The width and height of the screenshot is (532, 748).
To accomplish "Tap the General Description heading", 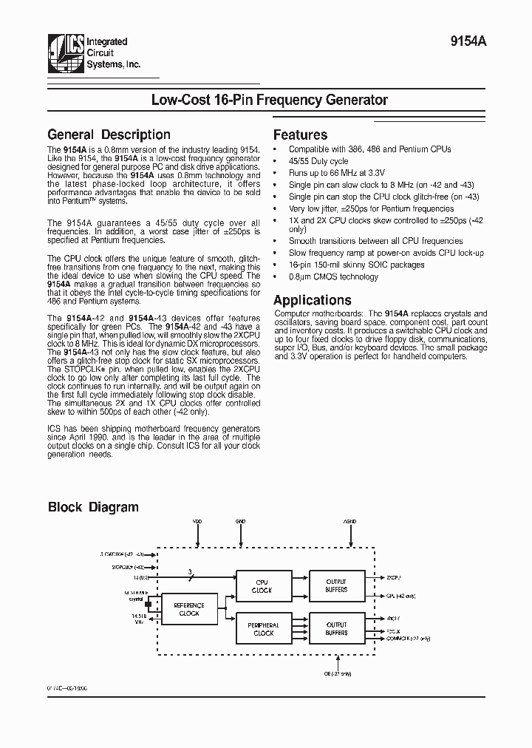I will (109, 135).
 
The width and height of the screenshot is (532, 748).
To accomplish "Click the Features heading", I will (300, 135).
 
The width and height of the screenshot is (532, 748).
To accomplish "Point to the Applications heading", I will (312, 300).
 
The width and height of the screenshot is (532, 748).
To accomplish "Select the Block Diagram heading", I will (93, 507).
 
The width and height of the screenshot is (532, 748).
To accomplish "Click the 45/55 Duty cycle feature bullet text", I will (318, 161).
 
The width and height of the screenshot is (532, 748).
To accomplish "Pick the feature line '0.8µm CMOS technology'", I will (332, 277).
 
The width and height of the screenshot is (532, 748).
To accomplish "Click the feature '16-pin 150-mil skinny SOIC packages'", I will (356, 265).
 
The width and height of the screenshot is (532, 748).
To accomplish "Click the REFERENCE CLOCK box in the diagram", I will (189, 609).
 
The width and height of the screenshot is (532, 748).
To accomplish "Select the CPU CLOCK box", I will (262, 586).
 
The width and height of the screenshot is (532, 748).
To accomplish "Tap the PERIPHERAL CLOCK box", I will (263, 629).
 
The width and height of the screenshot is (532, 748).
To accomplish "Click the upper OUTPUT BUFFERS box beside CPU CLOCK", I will (336, 586).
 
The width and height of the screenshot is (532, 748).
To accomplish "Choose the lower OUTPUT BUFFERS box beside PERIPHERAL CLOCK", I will (336, 629).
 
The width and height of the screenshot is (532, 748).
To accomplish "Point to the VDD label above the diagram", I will (197, 522).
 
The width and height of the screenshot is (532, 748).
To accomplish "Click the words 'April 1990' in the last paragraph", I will (89, 438).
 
